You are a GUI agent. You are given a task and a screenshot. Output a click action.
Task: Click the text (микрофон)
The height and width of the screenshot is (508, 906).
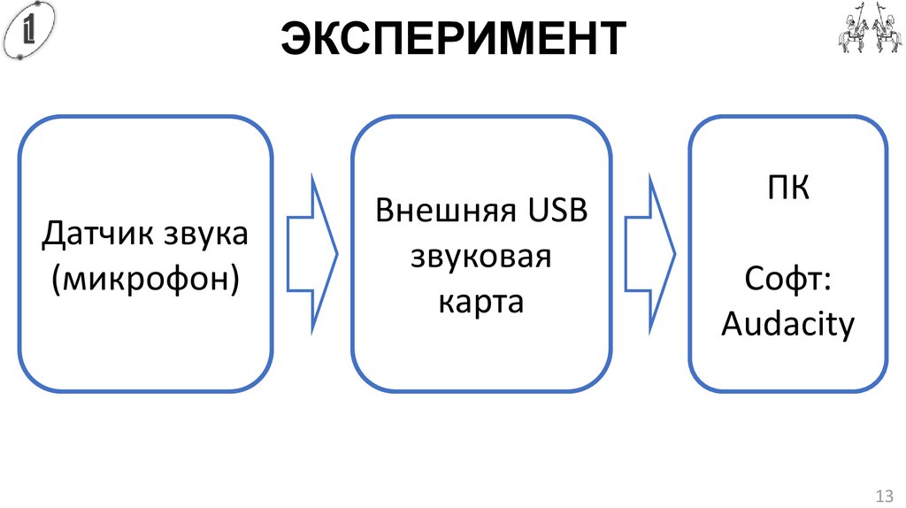145,279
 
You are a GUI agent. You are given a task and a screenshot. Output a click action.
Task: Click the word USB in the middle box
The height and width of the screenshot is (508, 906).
557,212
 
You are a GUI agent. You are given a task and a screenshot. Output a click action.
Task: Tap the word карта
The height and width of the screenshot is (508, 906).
481,302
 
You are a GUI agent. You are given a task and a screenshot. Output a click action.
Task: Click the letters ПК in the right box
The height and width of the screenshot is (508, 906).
787,189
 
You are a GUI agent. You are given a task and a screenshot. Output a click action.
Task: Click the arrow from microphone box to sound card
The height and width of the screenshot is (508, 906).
311,254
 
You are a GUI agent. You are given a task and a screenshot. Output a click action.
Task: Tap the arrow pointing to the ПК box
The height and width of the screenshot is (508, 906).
649,254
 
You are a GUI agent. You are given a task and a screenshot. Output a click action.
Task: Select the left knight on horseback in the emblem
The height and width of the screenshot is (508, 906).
850,29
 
